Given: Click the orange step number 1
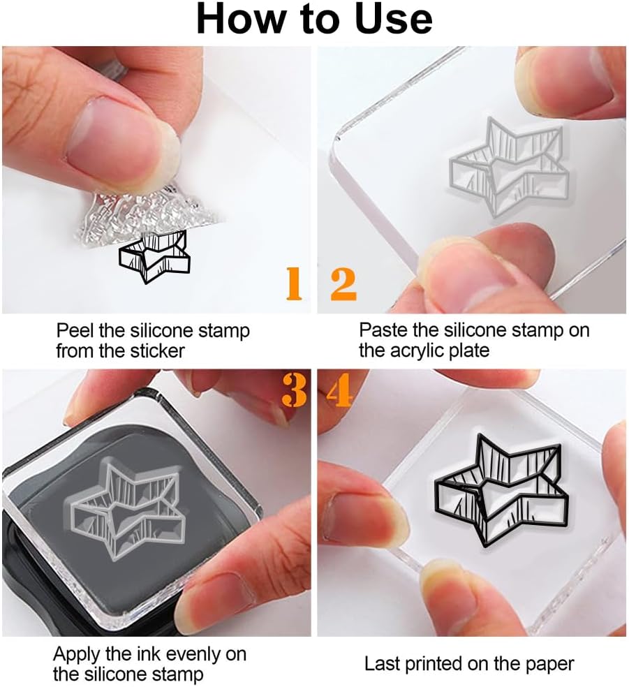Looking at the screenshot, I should pos(294,284).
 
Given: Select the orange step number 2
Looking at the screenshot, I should pos(343,284).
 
